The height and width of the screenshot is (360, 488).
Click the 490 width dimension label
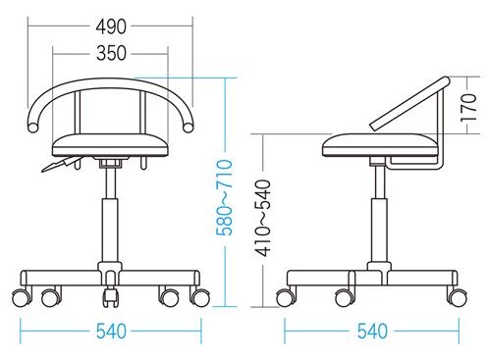[x=111, y=26]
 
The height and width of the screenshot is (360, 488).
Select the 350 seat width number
[x=111, y=53]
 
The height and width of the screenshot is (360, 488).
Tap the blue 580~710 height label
[x=225, y=197]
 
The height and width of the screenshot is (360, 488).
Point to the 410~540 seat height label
[x=263, y=218]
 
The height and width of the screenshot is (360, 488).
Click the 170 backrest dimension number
[x=468, y=108]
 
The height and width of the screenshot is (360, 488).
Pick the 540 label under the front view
[x=111, y=332]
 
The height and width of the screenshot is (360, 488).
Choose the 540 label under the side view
[x=372, y=332]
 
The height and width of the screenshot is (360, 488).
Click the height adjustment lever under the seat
[x=61, y=164]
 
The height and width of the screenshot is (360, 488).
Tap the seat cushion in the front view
[x=111, y=145]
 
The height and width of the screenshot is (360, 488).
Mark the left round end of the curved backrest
[x=32, y=127]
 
